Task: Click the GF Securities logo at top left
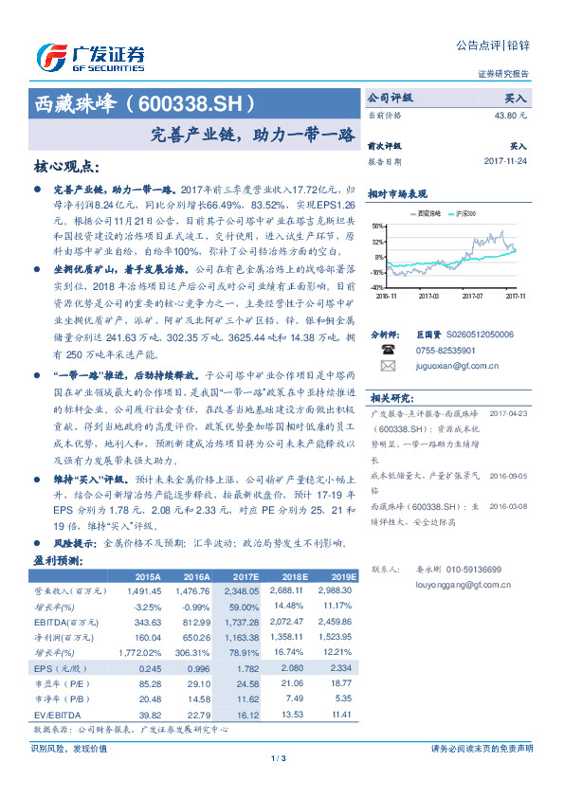click(90, 57)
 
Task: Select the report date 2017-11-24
click(505, 161)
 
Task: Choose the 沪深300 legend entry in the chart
click(464, 214)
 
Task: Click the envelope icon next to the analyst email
click(388, 365)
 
